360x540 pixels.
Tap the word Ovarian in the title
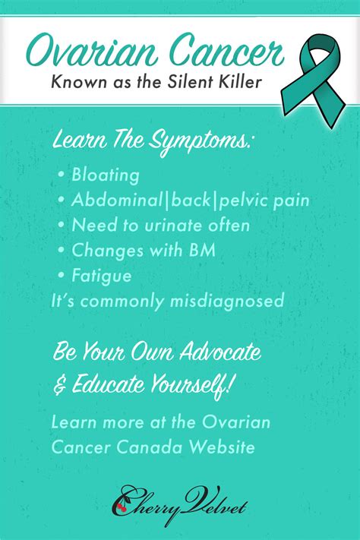tap(92, 51)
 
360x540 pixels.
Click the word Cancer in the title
tap(226, 51)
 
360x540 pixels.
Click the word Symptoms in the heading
tap(199, 141)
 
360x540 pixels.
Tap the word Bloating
tap(106, 175)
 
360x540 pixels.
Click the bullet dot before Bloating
tap(62, 174)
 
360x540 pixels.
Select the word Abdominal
tap(117, 200)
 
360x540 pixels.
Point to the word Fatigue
tap(102, 276)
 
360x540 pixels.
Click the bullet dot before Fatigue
tap(62, 275)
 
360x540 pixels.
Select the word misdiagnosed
tap(227, 301)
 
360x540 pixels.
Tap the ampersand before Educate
tap(59, 384)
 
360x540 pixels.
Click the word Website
tap(223, 447)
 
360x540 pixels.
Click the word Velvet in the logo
tap(214, 504)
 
